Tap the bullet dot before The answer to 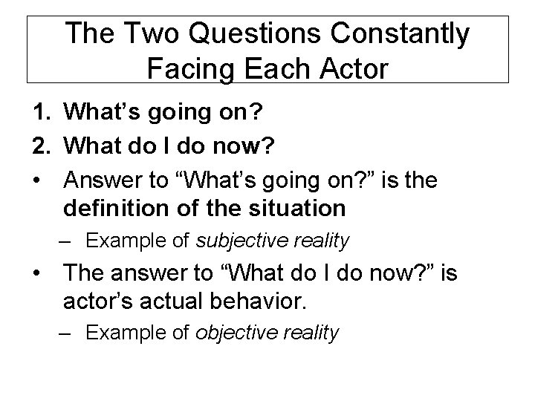coord(37,273)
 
